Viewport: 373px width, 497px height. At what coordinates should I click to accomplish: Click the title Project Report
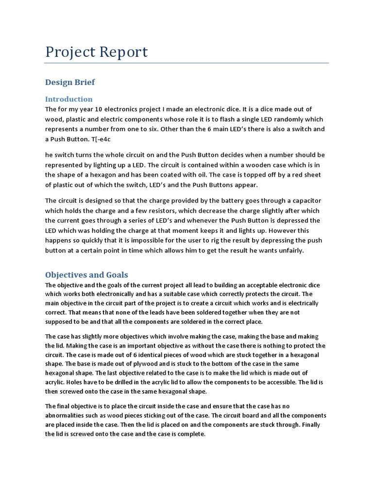[x=97, y=52]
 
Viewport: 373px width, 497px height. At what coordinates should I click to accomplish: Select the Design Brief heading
[x=70, y=82]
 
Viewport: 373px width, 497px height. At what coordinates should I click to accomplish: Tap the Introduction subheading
[x=69, y=99]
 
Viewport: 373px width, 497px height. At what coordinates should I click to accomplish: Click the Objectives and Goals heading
[x=86, y=275]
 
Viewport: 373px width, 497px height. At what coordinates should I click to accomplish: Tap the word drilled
[x=116, y=382]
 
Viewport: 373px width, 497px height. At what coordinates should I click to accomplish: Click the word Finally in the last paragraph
[x=310, y=425]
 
